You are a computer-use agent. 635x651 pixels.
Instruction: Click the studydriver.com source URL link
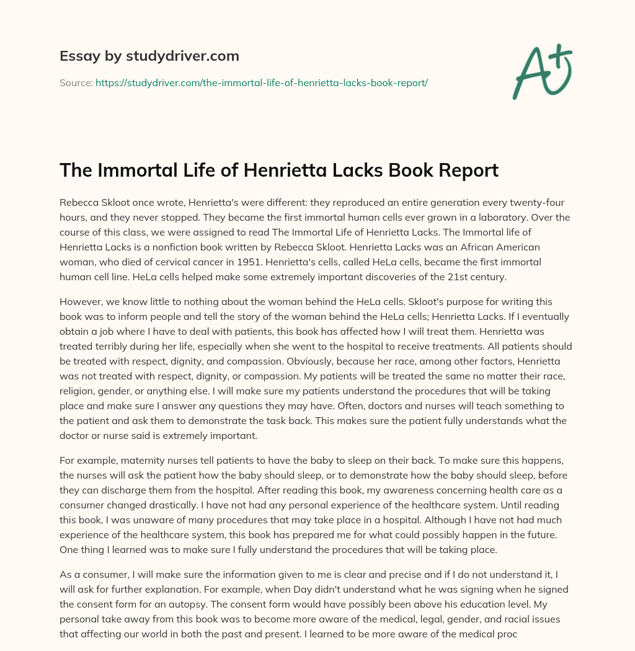[x=261, y=82]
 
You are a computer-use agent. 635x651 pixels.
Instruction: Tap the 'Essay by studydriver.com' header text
[x=149, y=56]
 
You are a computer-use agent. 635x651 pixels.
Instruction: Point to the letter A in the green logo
[x=531, y=73]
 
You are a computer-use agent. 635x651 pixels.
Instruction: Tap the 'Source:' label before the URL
[x=76, y=82]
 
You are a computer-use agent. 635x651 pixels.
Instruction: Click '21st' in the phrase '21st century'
[x=456, y=277]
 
